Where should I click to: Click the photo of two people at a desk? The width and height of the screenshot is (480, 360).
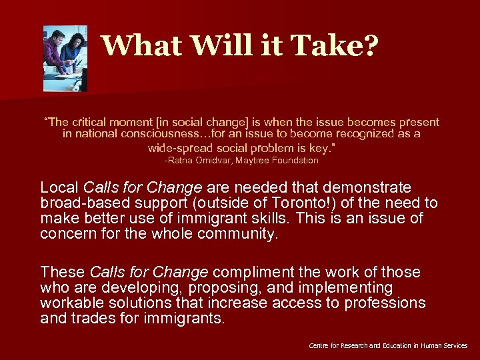[65, 59]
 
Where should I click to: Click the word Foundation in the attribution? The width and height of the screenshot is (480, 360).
[295, 161]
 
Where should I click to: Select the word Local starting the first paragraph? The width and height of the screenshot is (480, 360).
[59, 187]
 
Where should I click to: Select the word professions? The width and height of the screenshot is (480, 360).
[385, 303]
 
